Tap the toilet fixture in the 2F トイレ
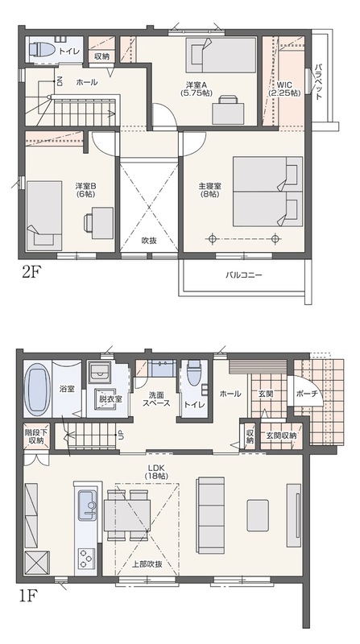click(x=42, y=50)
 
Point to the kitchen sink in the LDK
click(x=87, y=505)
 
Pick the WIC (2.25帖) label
click(x=284, y=89)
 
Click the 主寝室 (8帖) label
click(x=209, y=189)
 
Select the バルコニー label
click(x=243, y=275)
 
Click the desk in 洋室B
click(x=102, y=223)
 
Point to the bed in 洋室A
click(x=220, y=55)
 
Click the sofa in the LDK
click(x=211, y=510)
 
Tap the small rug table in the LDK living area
click(x=258, y=515)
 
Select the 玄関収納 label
click(x=281, y=436)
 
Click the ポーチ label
click(x=307, y=393)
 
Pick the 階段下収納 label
click(x=36, y=436)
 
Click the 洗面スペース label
click(x=156, y=398)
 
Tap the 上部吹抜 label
click(x=147, y=564)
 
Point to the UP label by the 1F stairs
click(x=121, y=435)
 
